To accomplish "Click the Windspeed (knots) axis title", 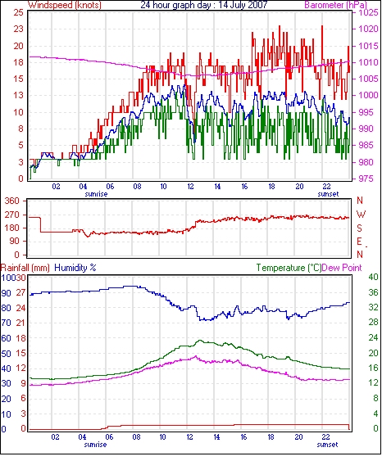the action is click(65, 5).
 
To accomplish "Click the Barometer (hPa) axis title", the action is click(336, 5).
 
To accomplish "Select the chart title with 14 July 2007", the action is click(204, 5).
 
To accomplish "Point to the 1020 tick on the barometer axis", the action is click(368, 29).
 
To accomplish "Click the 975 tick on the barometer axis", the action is click(366, 179).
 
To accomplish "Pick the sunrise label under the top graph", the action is click(96, 194).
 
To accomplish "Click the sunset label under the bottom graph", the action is click(327, 445).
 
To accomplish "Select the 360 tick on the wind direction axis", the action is click(12, 201).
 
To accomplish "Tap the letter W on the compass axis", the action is click(361, 215).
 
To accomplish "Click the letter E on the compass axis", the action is click(359, 242).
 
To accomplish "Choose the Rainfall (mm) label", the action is click(25, 268).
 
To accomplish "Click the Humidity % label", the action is click(75, 268).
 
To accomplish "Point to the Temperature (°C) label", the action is click(289, 268).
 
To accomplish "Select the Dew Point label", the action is click(342, 268).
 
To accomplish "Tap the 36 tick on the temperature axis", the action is click(373, 292).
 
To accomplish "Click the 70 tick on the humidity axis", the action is click(7, 323).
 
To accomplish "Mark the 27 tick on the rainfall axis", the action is click(20, 293).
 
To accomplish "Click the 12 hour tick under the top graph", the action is click(190, 187).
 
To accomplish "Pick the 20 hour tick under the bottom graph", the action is click(298, 437).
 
